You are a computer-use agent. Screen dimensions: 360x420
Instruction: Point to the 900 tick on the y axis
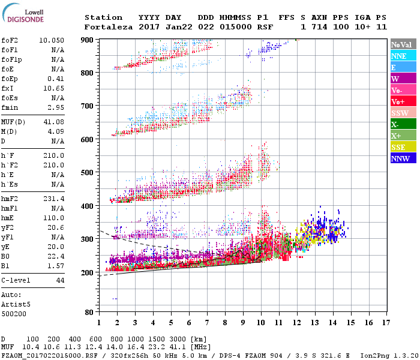click(88, 40)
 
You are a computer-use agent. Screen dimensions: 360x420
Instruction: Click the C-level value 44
click(60, 280)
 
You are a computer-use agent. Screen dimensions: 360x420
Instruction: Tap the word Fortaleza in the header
click(108, 27)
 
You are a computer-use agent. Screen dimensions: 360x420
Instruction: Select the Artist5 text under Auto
click(16, 304)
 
